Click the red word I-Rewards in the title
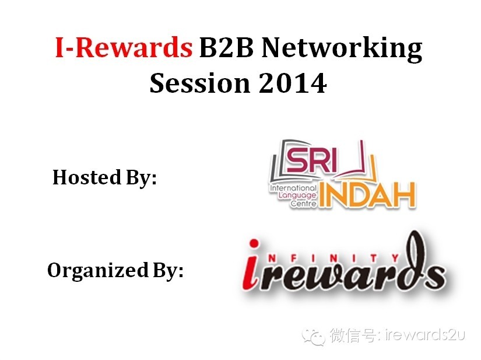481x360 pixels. (123, 48)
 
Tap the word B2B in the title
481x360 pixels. (224, 48)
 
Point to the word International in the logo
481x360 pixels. (293, 188)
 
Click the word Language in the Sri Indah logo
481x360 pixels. (296, 197)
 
